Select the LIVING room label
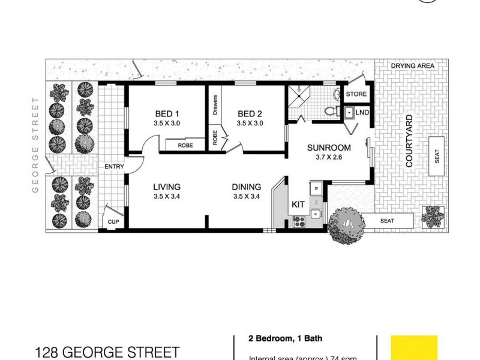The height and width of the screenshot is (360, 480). (166, 187)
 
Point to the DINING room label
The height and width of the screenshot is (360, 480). (247, 187)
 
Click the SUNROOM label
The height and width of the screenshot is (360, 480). (329, 148)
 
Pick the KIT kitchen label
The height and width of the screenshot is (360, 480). (298, 205)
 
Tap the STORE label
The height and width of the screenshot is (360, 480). (356, 94)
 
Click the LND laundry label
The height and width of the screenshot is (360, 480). (362, 112)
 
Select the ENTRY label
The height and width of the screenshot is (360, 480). (113, 166)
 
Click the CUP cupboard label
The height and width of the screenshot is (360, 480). (113, 221)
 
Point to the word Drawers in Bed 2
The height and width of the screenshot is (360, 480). (214, 106)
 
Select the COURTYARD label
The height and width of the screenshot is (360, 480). (409, 140)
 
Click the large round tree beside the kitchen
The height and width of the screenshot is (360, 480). (346, 225)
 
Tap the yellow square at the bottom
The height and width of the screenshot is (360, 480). (414, 347)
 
